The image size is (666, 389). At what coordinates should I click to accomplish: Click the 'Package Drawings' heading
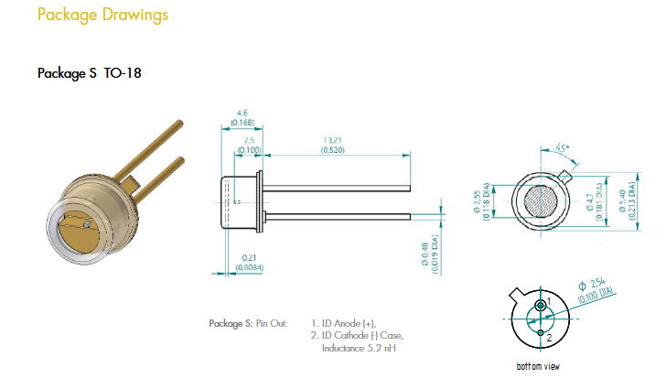click(x=102, y=16)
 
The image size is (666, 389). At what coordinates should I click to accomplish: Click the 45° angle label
click(x=562, y=146)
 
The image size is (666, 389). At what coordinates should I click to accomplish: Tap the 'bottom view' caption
click(x=538, y=367)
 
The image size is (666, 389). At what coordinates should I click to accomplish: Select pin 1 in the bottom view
click(x=542, y=304)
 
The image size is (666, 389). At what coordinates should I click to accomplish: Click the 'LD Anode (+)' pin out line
click(x=343, y=323)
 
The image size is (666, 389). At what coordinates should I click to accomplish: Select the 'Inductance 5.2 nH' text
click(x=359, y=349)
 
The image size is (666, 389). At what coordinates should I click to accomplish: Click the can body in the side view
click(x=242, y=200)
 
